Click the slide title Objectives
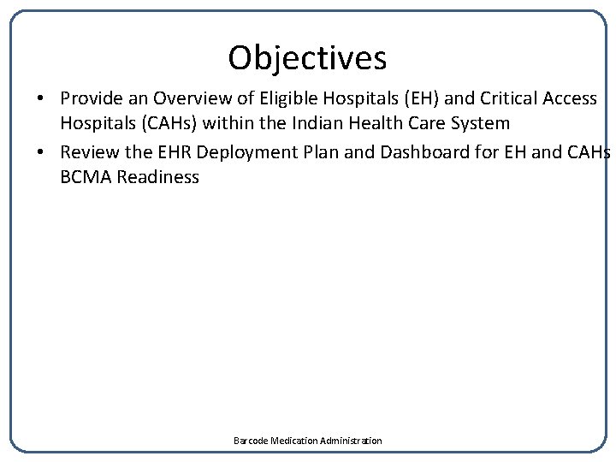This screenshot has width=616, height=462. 307,58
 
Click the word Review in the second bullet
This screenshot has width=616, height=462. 88,153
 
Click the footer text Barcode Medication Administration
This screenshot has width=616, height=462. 308,441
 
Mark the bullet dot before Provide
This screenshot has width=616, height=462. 41,99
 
